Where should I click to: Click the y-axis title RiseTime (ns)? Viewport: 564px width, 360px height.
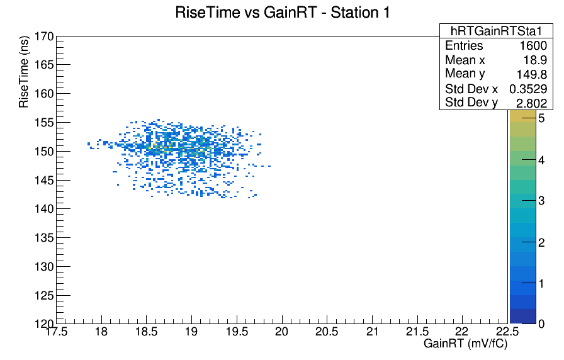click(x=24, y=72)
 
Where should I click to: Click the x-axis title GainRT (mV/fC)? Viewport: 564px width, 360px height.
click(x=465, y=344)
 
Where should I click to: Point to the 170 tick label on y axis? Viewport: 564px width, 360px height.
click(x=44, y=37)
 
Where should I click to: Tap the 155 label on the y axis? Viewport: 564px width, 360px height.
click(x=44, y=123)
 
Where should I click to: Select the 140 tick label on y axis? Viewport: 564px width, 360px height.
click(x=44, y=209)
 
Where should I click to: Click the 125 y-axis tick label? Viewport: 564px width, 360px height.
click(x=44, y=296)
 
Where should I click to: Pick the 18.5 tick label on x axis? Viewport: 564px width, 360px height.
click(x=147, y=331)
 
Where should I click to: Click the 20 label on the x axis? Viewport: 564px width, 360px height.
click(x=281, y=331)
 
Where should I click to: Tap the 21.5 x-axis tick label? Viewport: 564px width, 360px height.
click(x=417, y=331)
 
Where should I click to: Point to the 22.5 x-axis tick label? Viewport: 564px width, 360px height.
click(x=507, y=331)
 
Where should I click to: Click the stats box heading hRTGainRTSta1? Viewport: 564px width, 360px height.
click(x=496, y=31)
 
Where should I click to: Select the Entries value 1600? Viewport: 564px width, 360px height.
click(x=533, y=46)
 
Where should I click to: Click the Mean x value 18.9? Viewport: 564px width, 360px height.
click(x=535, y=60)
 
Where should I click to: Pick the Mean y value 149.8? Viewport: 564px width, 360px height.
click(x=532, y=74)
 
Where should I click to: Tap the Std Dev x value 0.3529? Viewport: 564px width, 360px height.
click(x=528, y=89)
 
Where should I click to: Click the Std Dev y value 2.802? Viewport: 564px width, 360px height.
click(x=532, y=103)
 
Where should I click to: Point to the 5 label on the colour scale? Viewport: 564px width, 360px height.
click(x=541, y=118)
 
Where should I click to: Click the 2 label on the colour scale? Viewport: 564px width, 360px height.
click(x=541, y=243)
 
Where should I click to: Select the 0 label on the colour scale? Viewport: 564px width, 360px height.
click(x=541, y=324)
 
